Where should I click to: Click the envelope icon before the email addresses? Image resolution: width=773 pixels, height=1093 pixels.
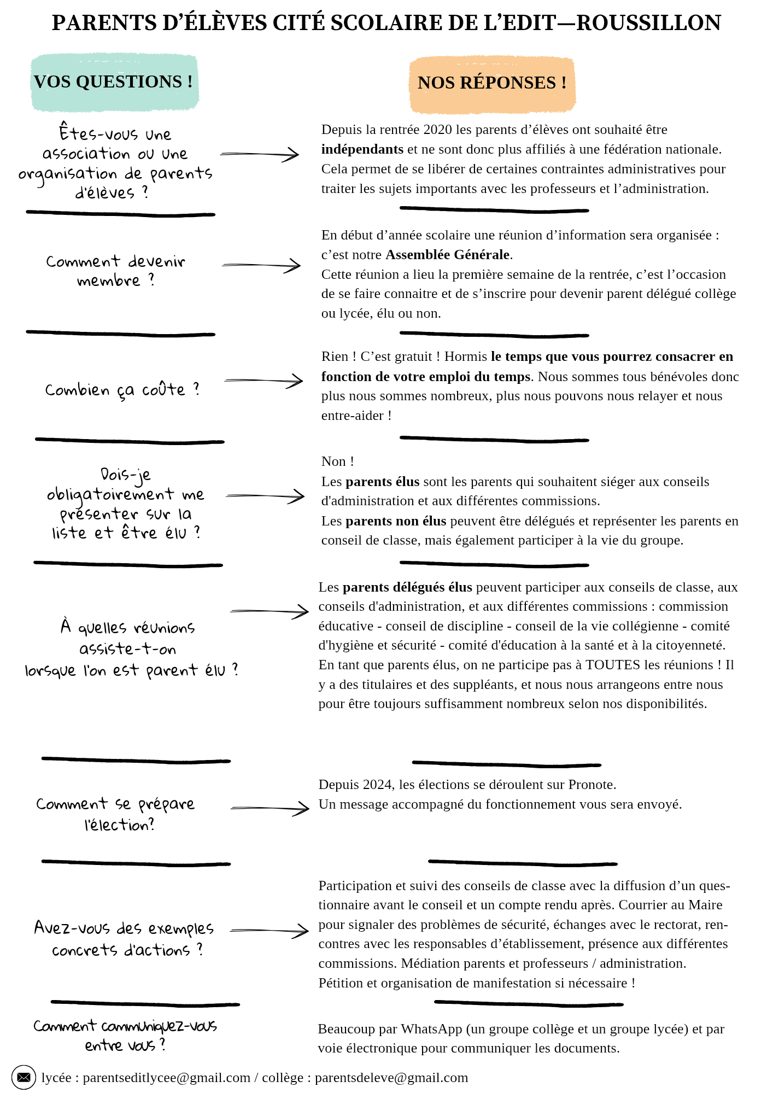[24, 1077]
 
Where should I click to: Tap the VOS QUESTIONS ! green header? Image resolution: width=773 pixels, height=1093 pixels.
[114, 82]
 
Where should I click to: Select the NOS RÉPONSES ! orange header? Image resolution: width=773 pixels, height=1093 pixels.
[492, 83]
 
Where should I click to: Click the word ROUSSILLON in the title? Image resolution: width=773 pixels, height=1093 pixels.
[649, 23]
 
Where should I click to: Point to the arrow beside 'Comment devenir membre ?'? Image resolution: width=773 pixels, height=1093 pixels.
[261, 266]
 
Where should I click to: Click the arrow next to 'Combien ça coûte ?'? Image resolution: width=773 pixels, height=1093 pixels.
[263, 381]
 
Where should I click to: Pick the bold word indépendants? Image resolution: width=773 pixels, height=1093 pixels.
[362, 149]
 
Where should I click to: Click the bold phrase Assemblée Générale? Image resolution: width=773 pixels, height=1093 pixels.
[448, 255]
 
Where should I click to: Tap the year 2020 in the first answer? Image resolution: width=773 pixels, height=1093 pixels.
[437, 130]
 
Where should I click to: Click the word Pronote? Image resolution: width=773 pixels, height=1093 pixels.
[592, 785]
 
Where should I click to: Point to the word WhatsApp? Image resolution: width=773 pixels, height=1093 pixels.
[431, 1029]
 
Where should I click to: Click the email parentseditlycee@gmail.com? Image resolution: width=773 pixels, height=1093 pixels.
[166, 1078]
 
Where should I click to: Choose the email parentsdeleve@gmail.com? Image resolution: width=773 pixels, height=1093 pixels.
[391, 1078]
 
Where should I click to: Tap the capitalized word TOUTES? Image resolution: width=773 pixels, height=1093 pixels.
[612, 665]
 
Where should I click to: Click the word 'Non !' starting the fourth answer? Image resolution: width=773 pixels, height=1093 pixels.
[337, 461]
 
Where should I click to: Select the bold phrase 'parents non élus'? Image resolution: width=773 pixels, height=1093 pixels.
[396, 521]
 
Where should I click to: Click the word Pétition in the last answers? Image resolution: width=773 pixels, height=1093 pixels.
[341, 983]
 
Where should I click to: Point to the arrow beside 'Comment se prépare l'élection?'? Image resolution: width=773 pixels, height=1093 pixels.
[270, 808]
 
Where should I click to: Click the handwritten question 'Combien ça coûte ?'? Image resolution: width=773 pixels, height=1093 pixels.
[122, 390]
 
